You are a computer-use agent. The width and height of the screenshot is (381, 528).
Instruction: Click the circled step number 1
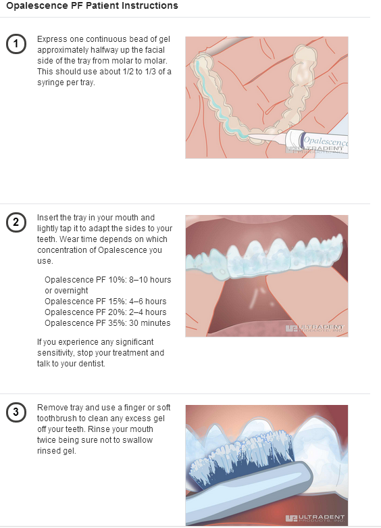coord(16,44)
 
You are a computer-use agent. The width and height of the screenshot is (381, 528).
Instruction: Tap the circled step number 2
coord(16,222)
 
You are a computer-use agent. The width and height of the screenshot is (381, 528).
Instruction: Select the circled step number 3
coord(16,412)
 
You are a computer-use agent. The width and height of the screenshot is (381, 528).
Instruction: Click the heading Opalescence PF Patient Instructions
coord(92,6)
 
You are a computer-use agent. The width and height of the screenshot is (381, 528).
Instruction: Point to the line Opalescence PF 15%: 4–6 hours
coord(105,302)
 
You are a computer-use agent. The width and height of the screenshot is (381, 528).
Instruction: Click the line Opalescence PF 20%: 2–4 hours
coord(105,312)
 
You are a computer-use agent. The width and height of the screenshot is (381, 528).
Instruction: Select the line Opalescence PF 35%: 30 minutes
coord(107,323)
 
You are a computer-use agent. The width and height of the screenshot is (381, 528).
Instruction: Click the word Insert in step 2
coord(48,218)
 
